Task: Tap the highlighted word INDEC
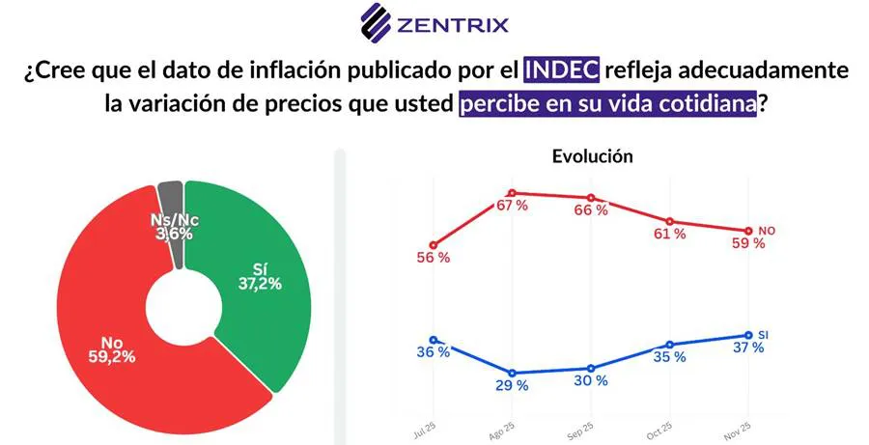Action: pyautogui.click(x=561, y=70)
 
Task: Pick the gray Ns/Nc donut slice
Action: pyautogui.click(x=172, y=208)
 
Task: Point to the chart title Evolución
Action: pyautogui.click(x=592, y=155)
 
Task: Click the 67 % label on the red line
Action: pyautogui.click(x=511, y=206)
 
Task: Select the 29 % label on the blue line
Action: pyautogui.click(x=512, y=385)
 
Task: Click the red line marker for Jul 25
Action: pyautogui.click(x=434, y=244)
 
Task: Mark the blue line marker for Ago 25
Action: pyautogui.click(x=513, y=373)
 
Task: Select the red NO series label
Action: pyautogui.click(x=767, y=231)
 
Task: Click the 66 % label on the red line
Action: pyautogui.click(x=591, y=210)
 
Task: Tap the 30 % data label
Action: pyautogui.click(x=591, y=380)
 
